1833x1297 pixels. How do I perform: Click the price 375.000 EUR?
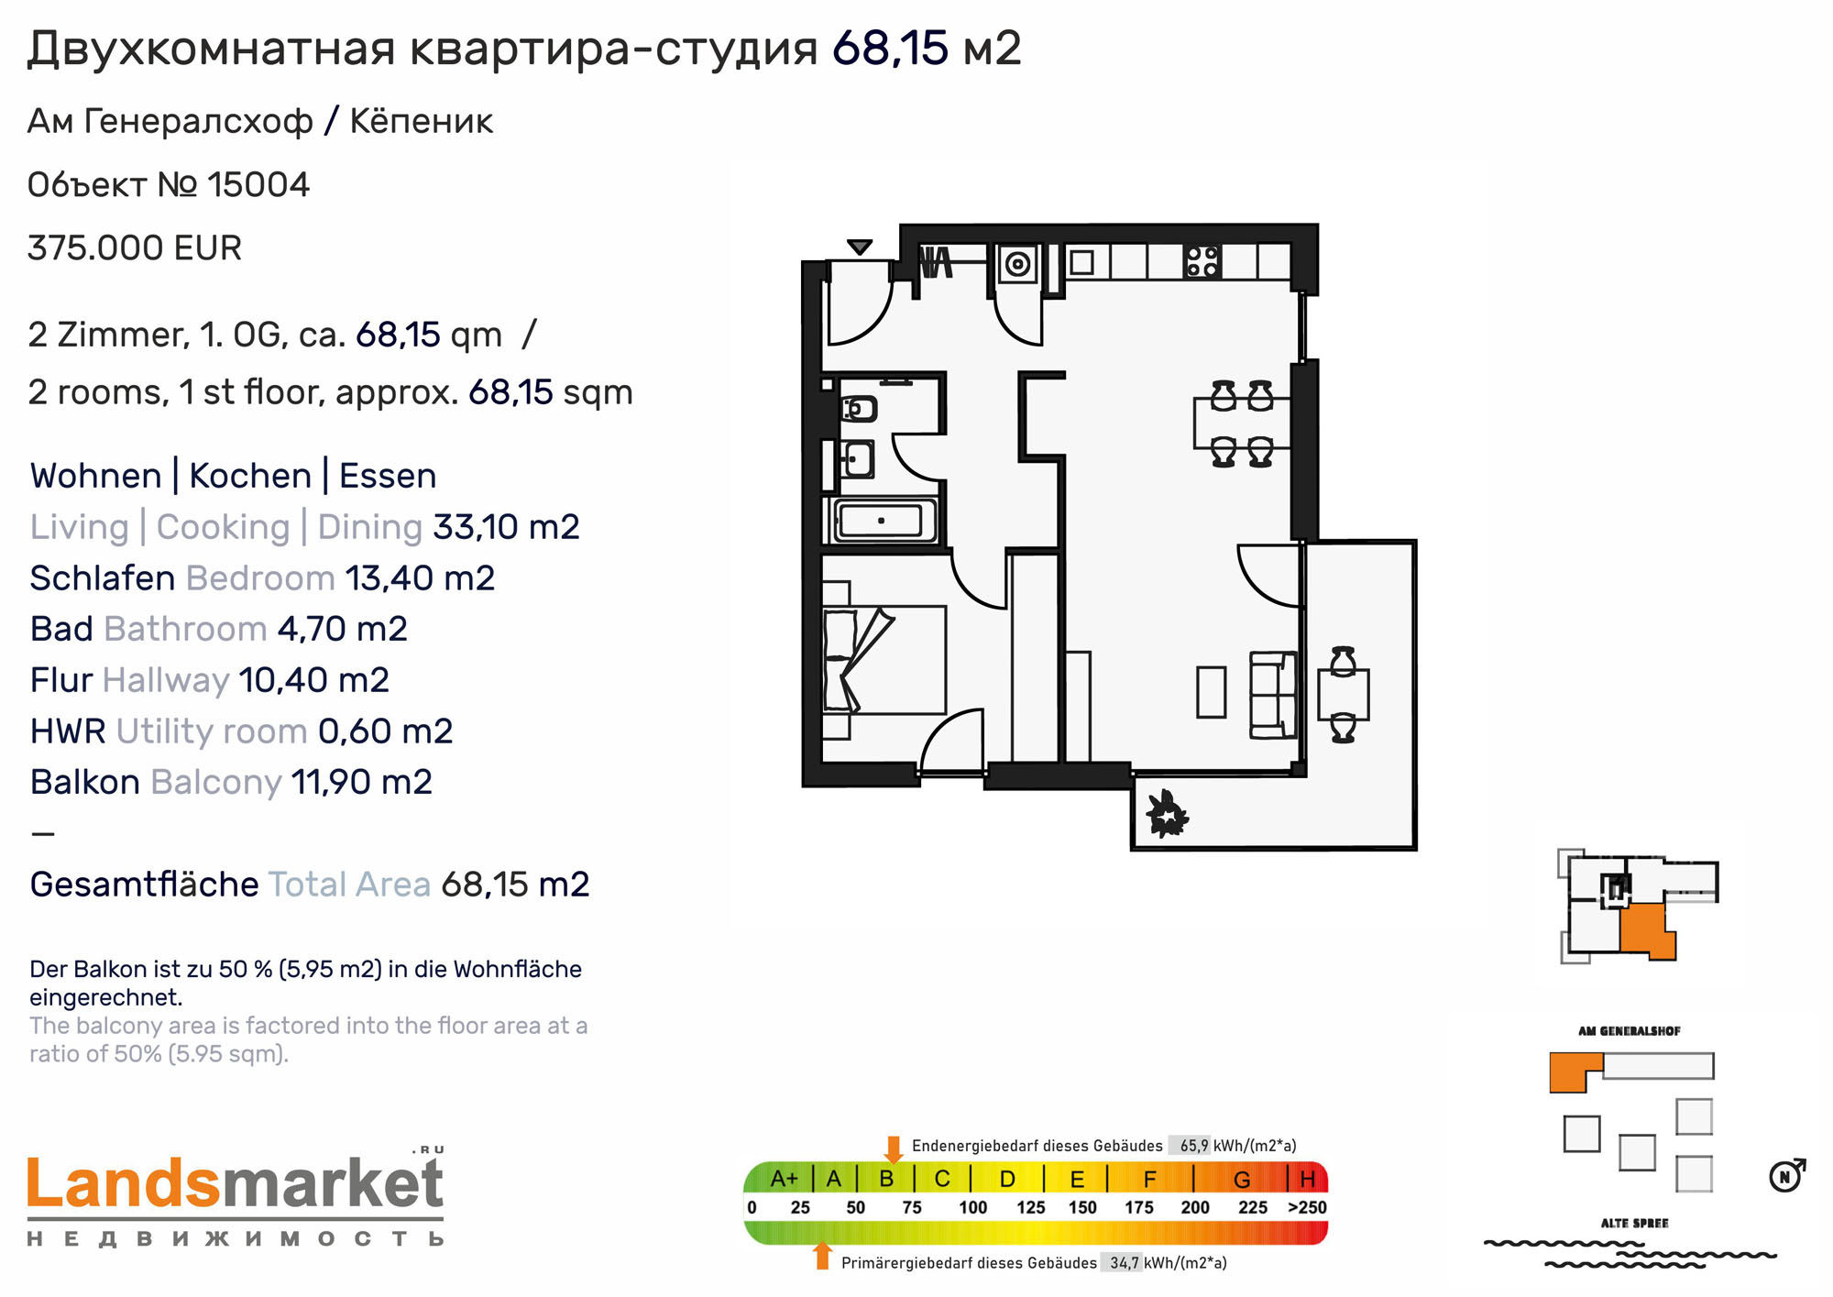coord(135,248)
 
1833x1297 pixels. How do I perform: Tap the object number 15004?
coord(258,185)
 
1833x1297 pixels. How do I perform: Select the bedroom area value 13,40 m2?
coord(420,578)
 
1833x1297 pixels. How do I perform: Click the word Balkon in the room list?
coord(85,782)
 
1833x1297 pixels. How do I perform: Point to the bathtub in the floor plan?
coord(883,521)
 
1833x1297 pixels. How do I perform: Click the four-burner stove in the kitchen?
coord(1202,260)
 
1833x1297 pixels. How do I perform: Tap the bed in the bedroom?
coord(884,659)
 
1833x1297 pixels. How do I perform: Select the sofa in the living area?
coord(1273,695)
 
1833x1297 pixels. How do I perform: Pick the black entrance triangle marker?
coord(859,247)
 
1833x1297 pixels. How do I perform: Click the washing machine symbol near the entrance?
coord(1017,264)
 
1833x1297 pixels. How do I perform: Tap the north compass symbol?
coord(1786,1175)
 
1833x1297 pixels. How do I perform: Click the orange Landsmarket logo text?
coord(124,1184)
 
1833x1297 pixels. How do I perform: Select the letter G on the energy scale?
coord(1242,1180)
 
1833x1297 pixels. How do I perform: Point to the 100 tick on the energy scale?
coord(973,1208)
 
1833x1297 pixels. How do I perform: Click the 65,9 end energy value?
coord(1193,1146)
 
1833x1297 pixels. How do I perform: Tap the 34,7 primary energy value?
coord(1125,1263)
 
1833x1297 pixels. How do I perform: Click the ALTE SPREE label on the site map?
coord(1634,1223)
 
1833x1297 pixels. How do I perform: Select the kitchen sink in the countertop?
coord(1081,262)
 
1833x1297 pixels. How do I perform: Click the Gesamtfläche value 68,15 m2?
coord(515,885)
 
